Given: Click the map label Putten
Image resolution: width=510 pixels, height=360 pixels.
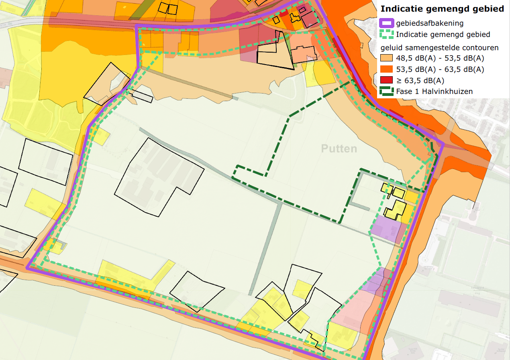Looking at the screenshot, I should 339,149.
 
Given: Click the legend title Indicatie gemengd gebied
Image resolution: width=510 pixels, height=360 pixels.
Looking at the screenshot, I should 442,8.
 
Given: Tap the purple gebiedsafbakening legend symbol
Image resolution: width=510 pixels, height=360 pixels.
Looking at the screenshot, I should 387,23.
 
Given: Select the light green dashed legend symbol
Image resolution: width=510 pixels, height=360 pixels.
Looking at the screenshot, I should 387,35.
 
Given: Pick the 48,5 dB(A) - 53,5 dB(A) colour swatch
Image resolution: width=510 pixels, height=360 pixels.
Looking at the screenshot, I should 387,58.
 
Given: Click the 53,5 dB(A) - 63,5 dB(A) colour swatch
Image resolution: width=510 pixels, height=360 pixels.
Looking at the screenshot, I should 387,69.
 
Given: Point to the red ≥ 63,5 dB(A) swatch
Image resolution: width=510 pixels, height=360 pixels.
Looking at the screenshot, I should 387,80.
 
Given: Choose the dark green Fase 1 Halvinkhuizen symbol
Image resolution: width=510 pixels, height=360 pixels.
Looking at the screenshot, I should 387,92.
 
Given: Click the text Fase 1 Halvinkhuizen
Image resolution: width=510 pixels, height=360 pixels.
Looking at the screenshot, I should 434,92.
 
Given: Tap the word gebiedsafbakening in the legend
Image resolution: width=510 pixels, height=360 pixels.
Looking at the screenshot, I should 429,23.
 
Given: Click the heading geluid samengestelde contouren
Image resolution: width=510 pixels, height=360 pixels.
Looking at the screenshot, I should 440,48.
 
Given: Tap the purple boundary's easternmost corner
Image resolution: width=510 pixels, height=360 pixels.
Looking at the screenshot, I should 443,144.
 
